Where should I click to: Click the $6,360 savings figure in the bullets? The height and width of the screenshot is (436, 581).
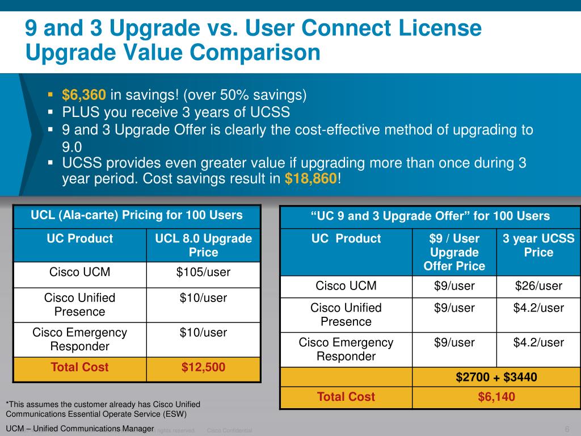(84, 94)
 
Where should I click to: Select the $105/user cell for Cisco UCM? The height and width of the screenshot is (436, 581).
(203, 272)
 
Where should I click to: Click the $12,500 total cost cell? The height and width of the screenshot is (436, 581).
(203, 367)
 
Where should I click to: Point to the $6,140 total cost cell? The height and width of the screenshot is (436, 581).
(496, 397)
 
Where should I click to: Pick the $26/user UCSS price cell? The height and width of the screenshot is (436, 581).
(538, 286)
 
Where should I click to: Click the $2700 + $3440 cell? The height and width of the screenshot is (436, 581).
(496, 377)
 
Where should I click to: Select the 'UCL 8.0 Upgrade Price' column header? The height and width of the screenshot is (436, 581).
(203, 245)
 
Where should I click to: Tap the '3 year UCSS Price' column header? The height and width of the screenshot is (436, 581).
(538, 245)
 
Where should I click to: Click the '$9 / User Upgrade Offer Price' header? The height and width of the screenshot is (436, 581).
(454, 252)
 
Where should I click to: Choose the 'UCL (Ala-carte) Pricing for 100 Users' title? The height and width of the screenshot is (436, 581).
(137, 215)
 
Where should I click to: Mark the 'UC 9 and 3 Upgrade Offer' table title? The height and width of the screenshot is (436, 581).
(431, 216)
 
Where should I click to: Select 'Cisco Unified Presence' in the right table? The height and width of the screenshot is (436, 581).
(346, 315)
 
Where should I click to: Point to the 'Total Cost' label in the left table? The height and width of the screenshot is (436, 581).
(79, 367)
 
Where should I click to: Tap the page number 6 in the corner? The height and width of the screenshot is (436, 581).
(567, 429)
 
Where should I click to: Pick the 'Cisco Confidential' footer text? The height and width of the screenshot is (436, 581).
(230, 431)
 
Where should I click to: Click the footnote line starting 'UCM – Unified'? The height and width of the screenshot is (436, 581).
(80, 428)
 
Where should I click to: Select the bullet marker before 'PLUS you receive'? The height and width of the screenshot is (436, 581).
(50, 111)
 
